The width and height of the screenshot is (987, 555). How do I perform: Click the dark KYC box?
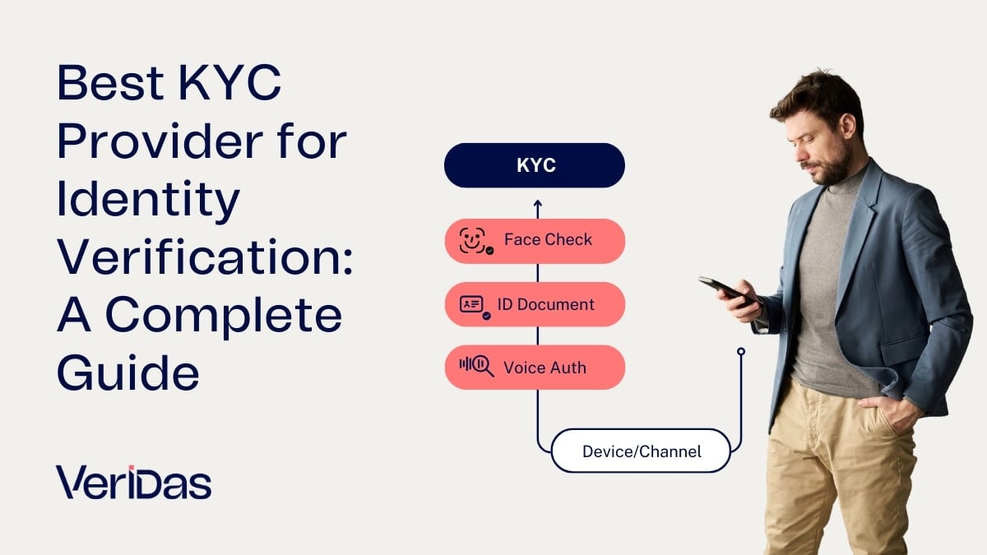click(x=535, y=165)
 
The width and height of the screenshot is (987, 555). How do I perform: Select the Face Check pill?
click(x=535, y=241)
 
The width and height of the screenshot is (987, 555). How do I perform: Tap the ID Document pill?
click(x=535, y=304)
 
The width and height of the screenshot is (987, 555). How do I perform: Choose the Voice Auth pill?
click(x=535, y=367)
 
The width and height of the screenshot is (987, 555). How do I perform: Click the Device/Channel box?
click(x=641, y=451)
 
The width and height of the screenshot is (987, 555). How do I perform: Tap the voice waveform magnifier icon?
click(x=476, y=367)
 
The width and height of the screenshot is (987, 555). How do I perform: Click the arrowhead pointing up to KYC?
click(x=538, y=202)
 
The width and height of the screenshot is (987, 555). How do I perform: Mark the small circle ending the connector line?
click(x=741, y=352)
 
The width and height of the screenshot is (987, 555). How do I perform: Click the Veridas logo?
click(x=133, y=482)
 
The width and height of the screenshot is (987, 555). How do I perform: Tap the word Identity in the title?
click(x=148, y=201)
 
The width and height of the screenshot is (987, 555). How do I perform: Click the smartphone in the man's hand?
click(x=719, y=287)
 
